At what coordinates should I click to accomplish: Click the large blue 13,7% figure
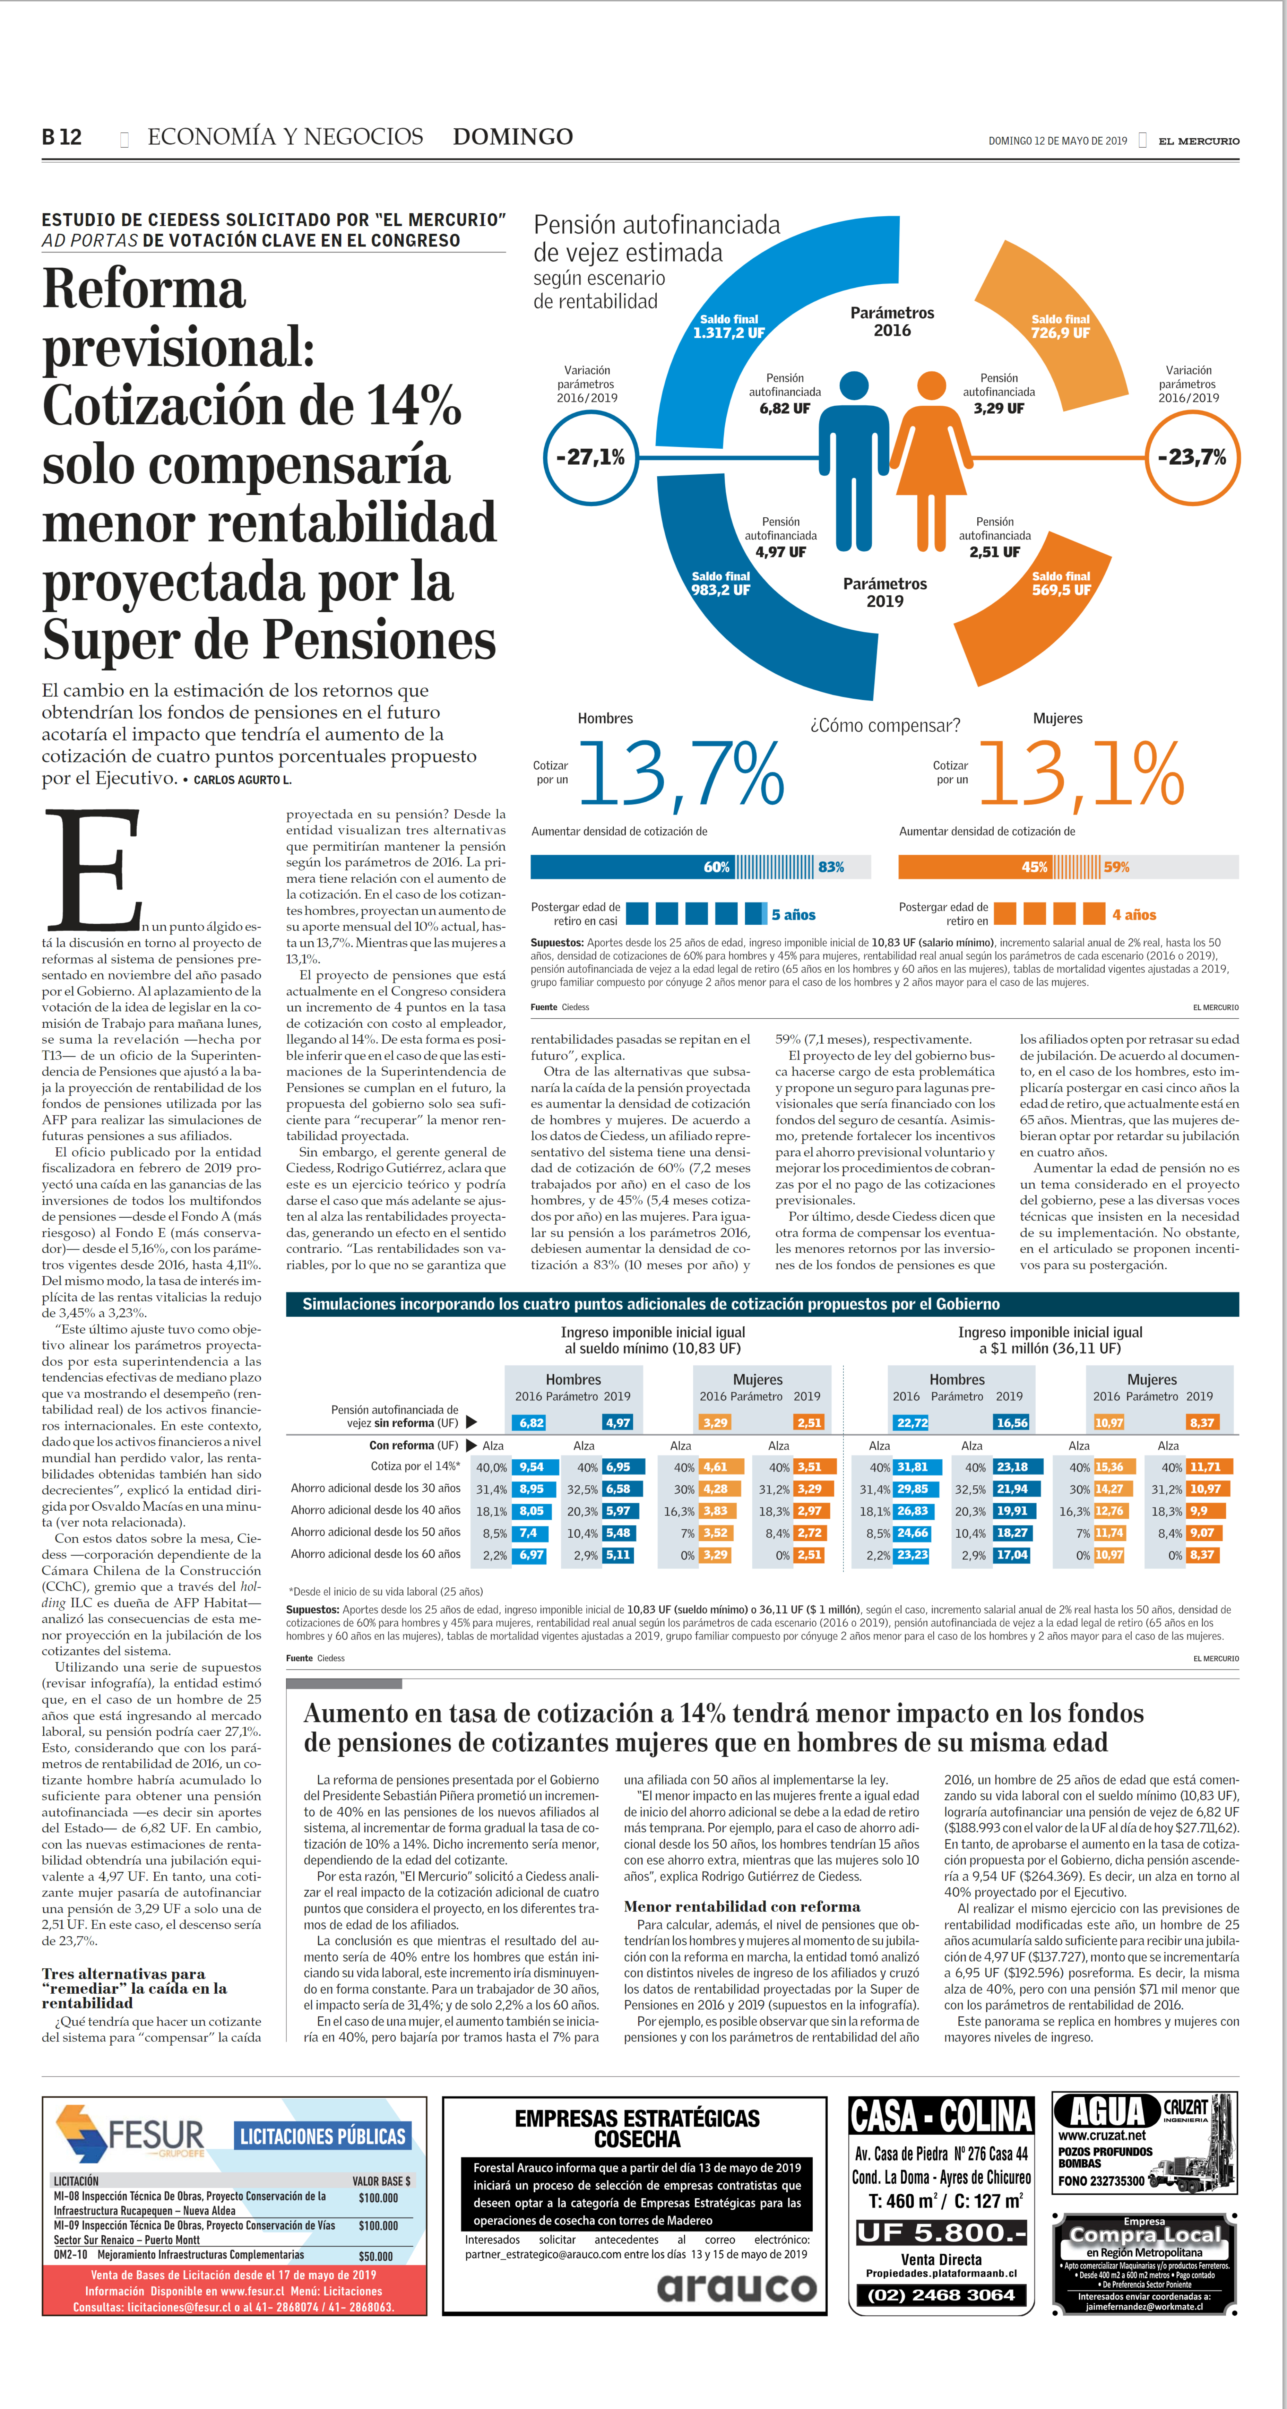(681, 774)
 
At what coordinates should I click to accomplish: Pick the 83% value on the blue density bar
(831, 867)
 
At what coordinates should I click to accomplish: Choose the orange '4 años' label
(1134, 915)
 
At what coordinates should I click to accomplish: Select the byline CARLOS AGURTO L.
(242, 780)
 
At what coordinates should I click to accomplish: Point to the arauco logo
(737, 2287)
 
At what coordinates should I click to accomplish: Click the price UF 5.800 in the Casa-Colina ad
(941, 2233)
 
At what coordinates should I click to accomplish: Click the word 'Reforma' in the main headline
(144, 289)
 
